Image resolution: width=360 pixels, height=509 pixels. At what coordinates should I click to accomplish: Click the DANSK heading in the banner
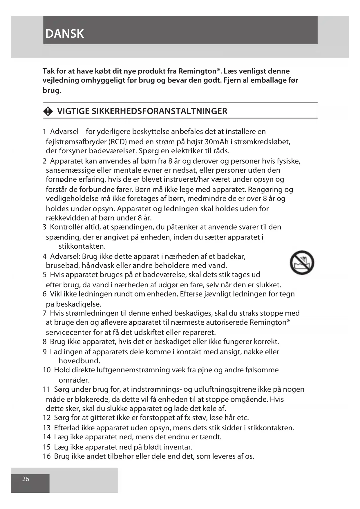(x=64, y=34)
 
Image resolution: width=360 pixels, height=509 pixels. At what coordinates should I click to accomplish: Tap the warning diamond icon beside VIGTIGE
(x=48, y=111)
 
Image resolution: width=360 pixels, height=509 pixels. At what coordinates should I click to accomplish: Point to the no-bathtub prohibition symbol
(x=302, y=263)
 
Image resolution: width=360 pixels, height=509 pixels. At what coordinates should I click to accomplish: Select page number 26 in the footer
(x=26, y=479)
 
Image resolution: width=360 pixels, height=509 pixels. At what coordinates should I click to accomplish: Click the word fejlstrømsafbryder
(x=76, y=142)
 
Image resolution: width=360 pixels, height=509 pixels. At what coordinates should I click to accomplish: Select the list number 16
(x=47, y=456)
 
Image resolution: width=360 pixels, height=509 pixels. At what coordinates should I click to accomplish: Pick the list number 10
(x=47, y=370)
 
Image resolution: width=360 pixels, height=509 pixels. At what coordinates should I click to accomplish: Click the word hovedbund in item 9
(x=79, y=361)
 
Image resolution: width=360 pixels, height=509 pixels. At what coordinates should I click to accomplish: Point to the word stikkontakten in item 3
(x=82, y=246)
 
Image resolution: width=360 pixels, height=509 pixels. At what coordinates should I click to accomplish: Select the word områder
(x=74, y=380)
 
